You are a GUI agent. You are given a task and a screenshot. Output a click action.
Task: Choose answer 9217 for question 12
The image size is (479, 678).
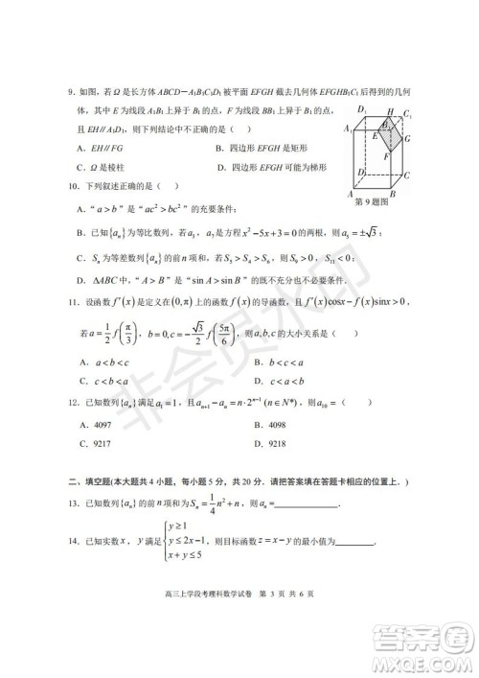[95, 444]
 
